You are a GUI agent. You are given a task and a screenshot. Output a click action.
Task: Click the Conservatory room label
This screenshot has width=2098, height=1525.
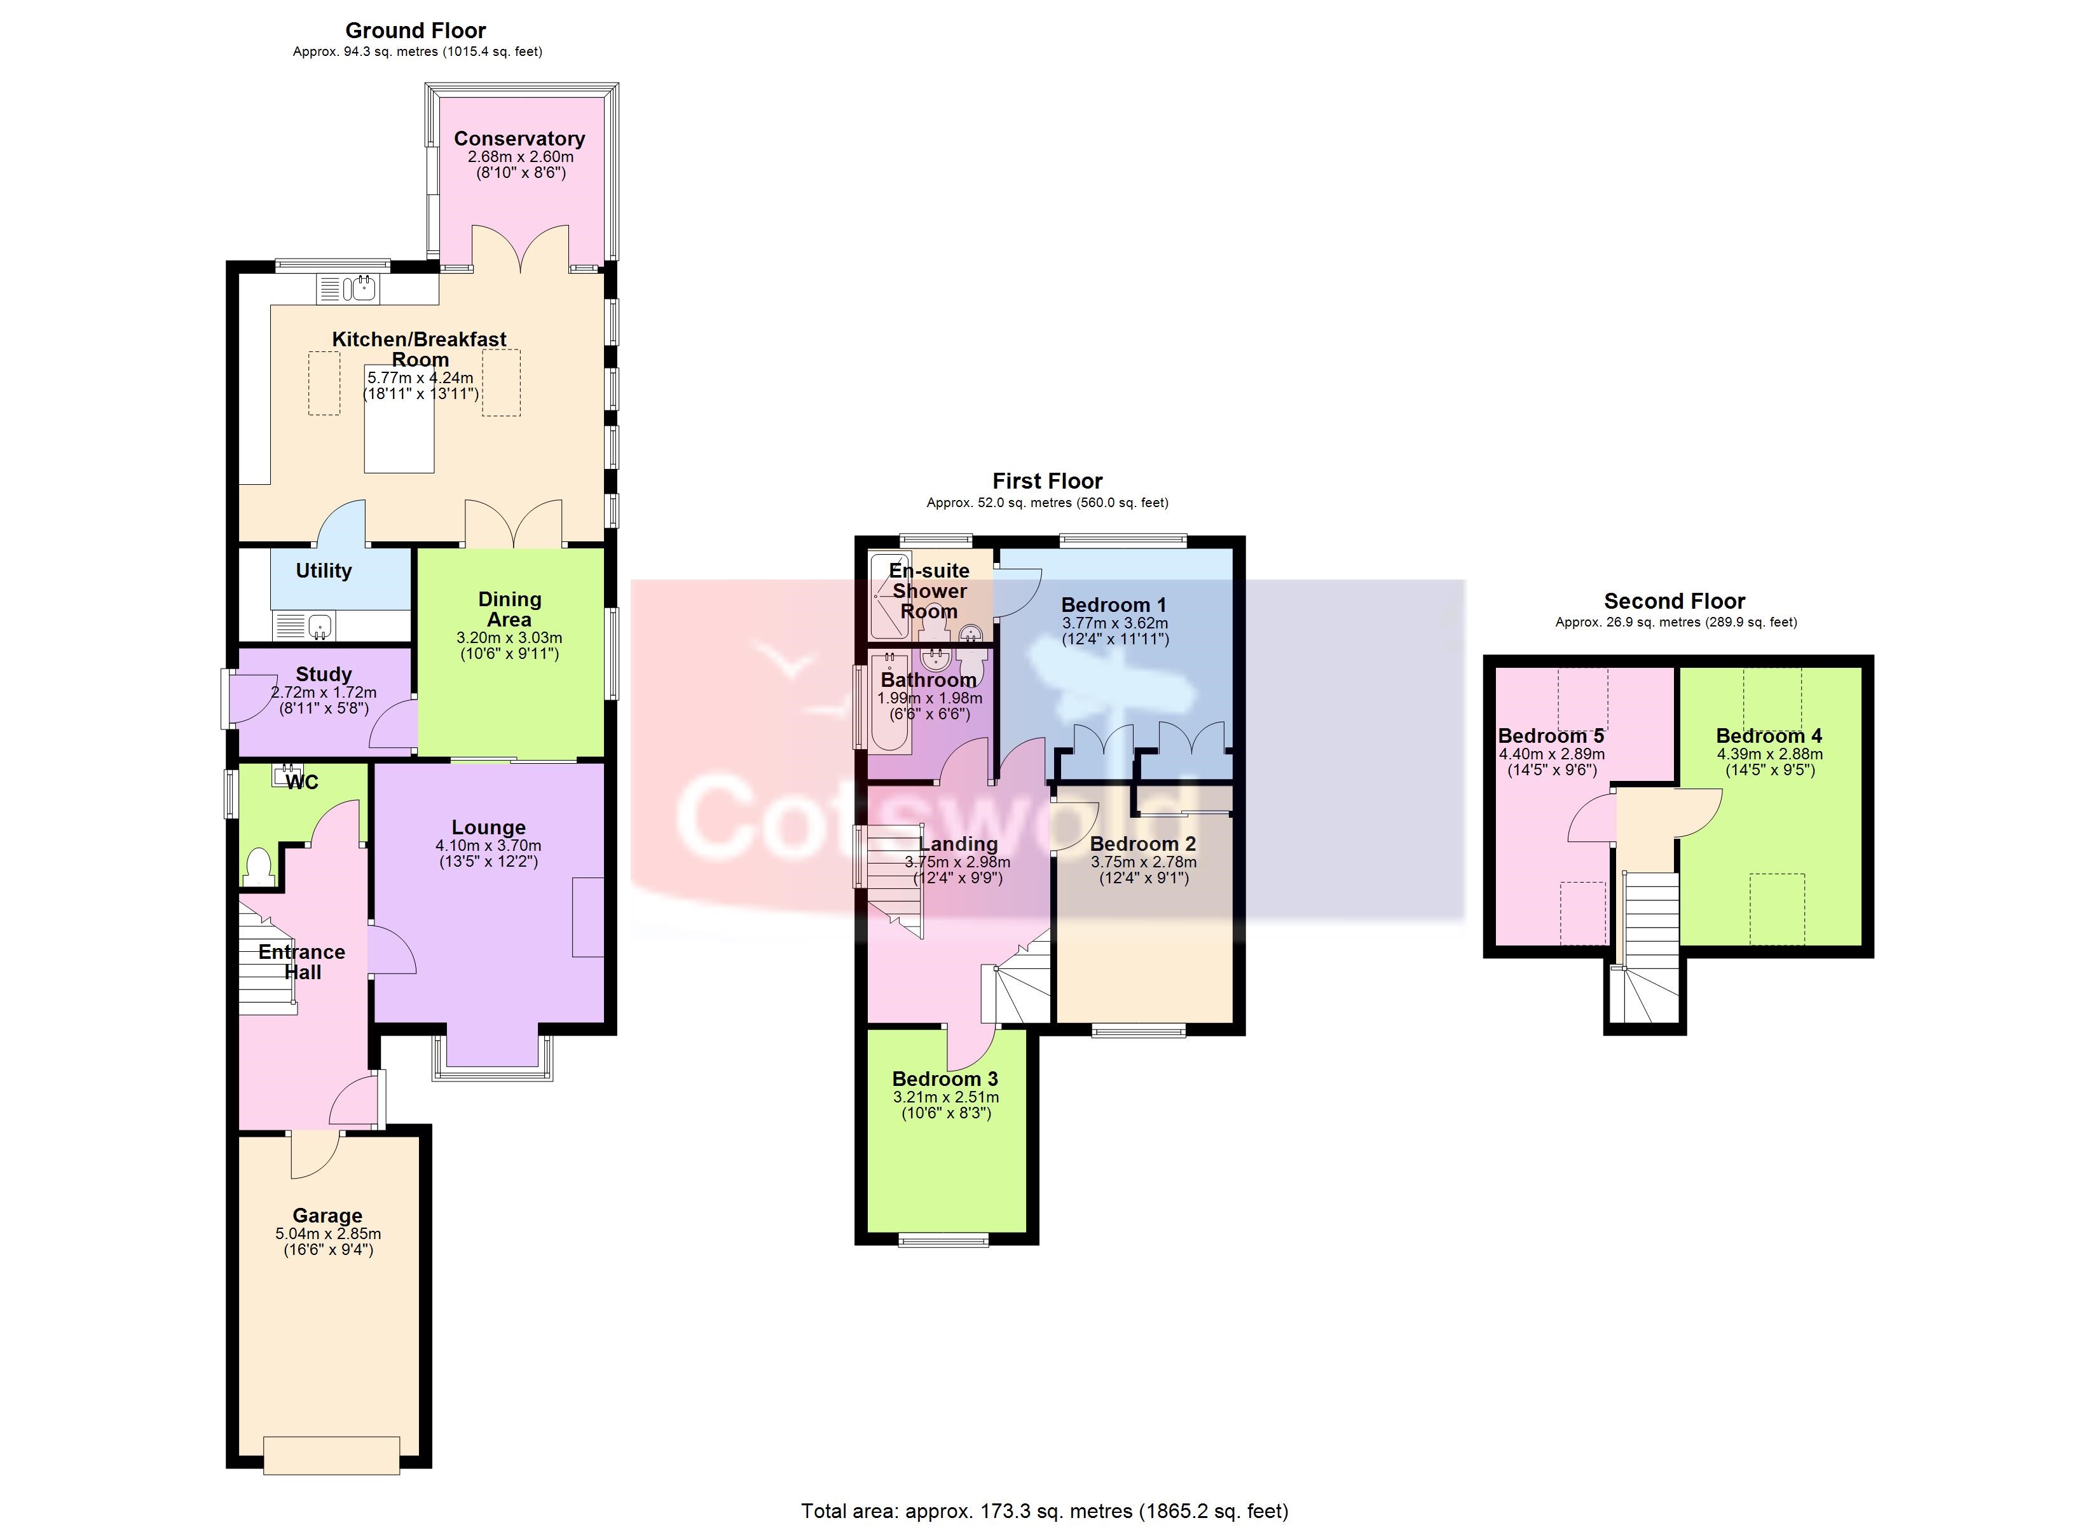click(x=519, y=139)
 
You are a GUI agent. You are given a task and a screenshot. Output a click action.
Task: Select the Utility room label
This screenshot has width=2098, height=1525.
click(x=324, y=571)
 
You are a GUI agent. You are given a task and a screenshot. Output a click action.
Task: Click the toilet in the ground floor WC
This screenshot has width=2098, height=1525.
click(x=259, y=867)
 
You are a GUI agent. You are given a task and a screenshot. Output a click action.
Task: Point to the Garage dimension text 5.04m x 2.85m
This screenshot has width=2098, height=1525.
click(x=329, y=1234)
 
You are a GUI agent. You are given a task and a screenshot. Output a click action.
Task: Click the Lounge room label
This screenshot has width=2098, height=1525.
click(x=488, y=828)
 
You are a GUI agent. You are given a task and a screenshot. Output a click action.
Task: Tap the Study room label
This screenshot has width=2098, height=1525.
click(x=324, y=674)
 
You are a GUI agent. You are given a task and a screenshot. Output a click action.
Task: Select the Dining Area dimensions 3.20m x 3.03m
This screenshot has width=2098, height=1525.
click(x=510, y=638)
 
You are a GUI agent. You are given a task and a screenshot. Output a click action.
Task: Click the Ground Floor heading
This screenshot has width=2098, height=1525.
click(x=416, y=30)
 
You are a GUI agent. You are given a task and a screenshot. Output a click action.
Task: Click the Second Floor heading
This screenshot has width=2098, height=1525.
click(x=1675, y=601)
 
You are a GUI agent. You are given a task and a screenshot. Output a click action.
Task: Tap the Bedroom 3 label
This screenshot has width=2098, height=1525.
click(x=945, y=1079)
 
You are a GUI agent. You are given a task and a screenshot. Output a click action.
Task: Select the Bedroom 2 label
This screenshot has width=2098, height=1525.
click(x=1143, y=844)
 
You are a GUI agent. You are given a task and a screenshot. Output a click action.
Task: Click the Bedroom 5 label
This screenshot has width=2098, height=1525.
click(x=1551, y=736)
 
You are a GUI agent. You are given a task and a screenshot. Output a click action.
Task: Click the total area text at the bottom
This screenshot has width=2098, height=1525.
click(x=1045, y=1511)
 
